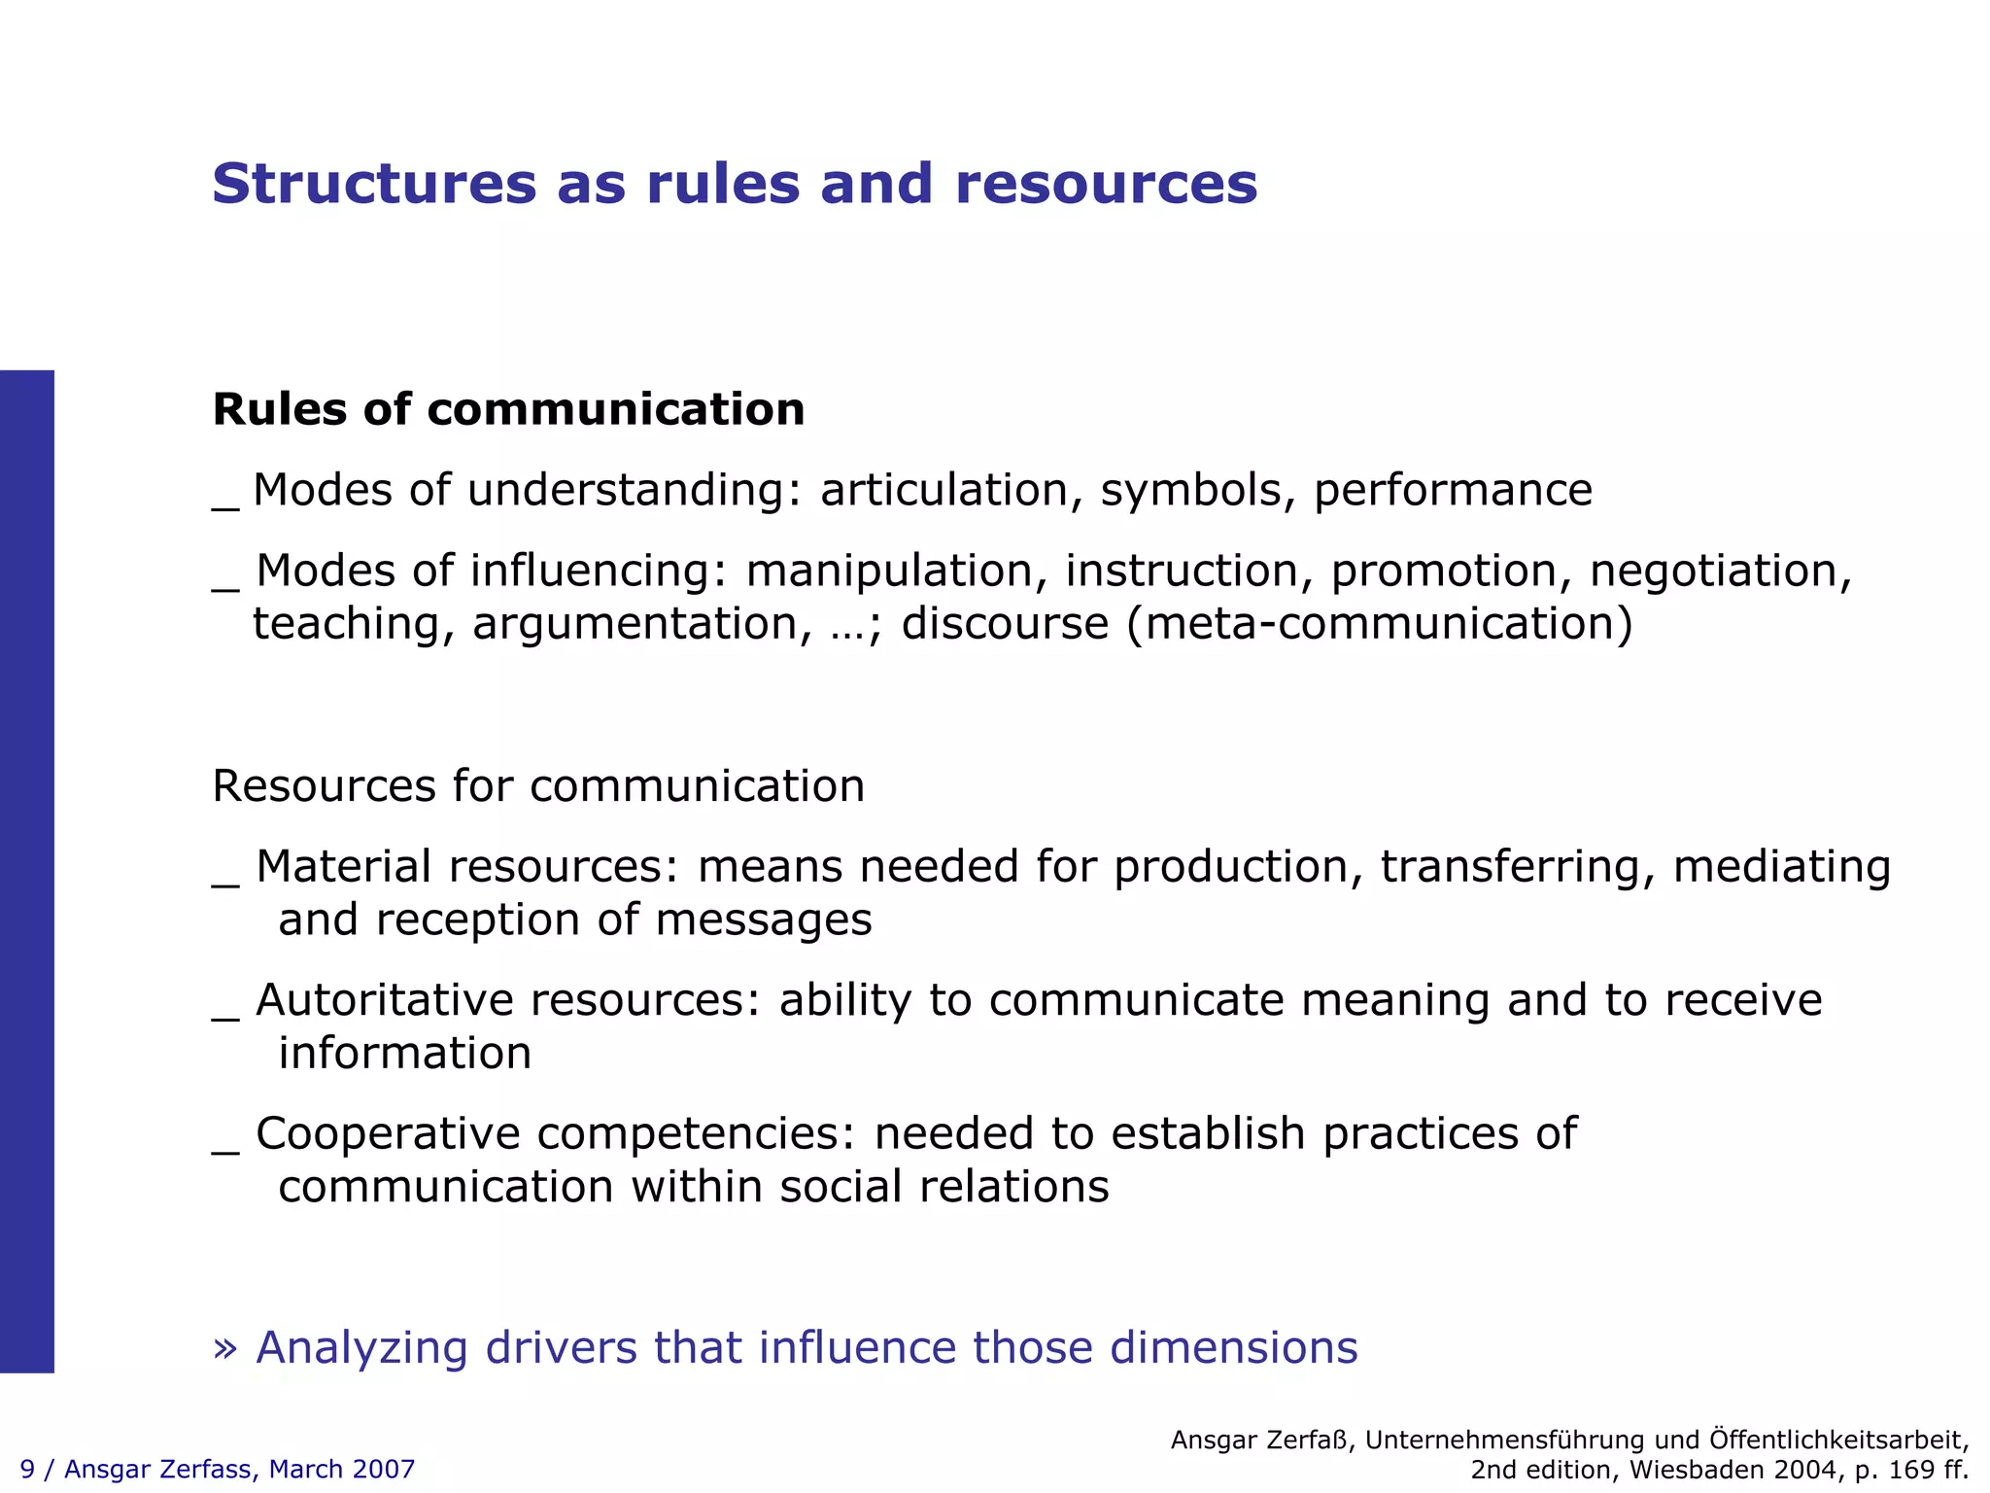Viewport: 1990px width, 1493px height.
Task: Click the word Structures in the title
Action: click(374, 184)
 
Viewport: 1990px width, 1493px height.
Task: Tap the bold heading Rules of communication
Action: click(508, 409)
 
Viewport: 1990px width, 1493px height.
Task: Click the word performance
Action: click(1453, 491)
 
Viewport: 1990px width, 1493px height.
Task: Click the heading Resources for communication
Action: click(538, 785)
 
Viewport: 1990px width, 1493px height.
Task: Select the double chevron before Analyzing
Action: click(225, 1348)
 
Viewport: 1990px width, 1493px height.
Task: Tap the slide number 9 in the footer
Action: click(27, 1469)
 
